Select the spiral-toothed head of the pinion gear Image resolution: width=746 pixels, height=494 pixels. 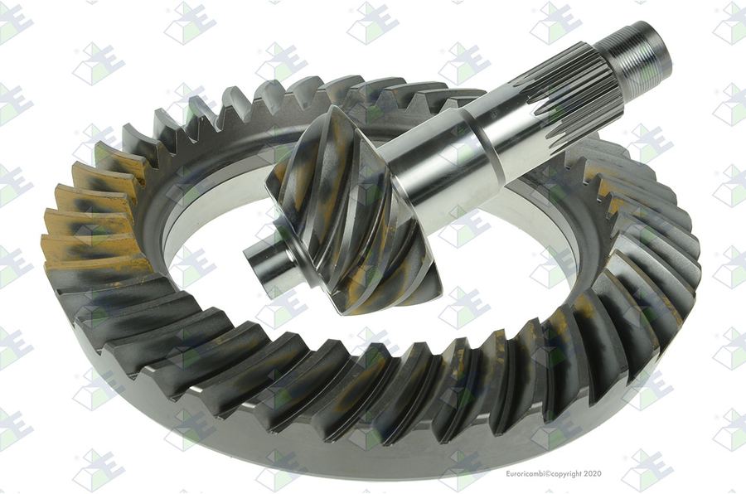(352, 210)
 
